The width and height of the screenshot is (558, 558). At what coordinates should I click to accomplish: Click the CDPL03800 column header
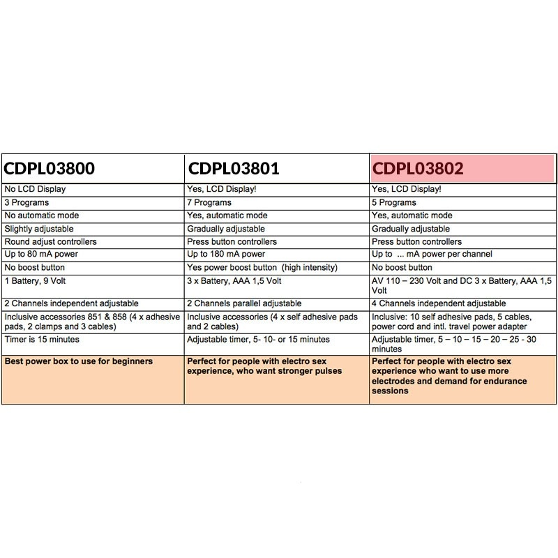click(50, 169)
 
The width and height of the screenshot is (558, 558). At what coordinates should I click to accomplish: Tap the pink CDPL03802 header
click(418, 169)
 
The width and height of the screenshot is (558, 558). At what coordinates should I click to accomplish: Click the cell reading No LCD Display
click(36, 189)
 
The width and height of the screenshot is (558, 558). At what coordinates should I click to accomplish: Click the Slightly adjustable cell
click(39, 229)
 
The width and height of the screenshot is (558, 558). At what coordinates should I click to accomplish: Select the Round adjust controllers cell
click(51, 241)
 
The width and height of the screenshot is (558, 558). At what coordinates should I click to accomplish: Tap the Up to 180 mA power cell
click(227, 254)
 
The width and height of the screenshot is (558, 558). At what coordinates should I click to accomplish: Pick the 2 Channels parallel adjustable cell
click(245, 303)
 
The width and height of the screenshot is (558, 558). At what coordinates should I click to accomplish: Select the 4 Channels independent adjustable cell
click(439, 303)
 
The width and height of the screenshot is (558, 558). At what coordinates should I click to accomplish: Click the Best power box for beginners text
click(79, 361)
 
